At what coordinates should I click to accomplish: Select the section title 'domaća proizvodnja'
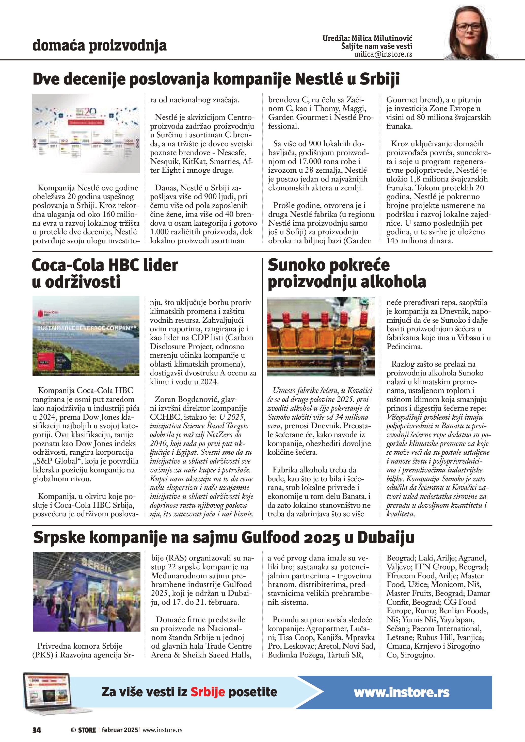(100, 46)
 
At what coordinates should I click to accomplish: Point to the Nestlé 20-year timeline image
(86, 133)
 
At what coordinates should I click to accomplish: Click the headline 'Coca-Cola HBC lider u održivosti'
(105, 273)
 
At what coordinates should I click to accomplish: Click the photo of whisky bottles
(321, 336)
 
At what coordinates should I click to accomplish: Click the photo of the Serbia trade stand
(87, 591)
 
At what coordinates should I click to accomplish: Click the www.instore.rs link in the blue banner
(402, 692)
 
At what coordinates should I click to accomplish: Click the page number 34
(37, 730)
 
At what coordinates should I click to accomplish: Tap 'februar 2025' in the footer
(120, 730)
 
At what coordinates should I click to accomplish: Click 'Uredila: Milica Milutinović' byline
(367, 38)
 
